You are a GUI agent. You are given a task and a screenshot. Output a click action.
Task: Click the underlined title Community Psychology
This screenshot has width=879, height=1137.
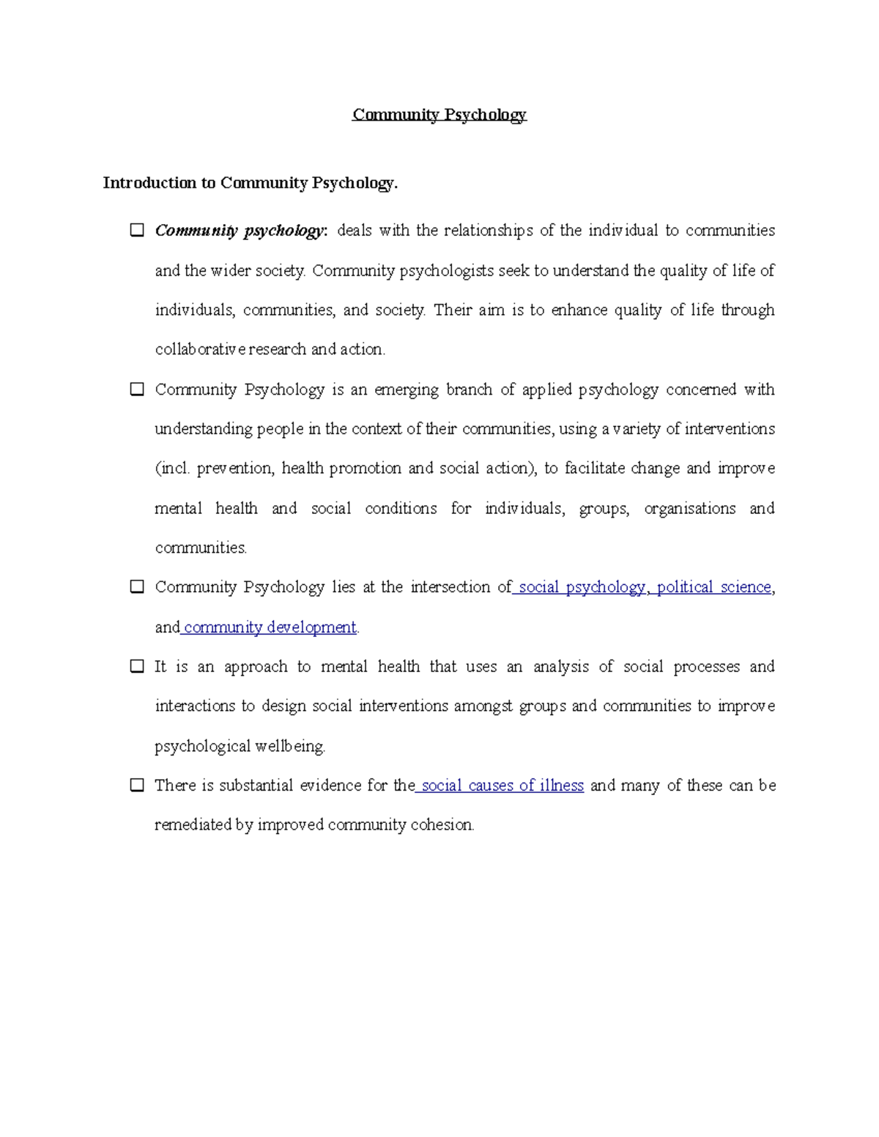point(439,115)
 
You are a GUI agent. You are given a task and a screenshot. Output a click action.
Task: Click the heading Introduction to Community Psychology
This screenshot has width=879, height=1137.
point(250,183)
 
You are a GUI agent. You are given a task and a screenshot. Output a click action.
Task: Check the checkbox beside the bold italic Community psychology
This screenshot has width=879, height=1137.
point(137,230)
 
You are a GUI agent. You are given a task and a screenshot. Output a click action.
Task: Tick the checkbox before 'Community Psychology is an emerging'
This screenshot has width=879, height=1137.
point(137,389)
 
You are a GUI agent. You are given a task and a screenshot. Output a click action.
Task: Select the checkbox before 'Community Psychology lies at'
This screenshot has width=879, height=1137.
point(137,586)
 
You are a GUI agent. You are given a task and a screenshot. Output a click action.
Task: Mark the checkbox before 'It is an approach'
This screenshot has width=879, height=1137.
point(137,666)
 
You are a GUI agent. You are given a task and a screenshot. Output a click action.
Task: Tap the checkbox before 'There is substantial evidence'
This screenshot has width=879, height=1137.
point(137,785)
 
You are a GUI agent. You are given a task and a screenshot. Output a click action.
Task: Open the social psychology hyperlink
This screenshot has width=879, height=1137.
point(582,587)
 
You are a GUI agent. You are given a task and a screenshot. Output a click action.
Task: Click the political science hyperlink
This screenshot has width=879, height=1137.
point(713,587)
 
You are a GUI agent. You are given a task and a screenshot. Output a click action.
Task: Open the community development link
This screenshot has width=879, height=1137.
point(270,627)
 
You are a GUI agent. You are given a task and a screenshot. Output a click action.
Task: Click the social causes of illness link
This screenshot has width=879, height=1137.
point(502,786)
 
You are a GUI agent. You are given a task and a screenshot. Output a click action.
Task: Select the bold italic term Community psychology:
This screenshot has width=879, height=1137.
point(240,231)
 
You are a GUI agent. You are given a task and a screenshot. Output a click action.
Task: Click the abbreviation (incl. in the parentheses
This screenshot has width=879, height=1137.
point(173,469)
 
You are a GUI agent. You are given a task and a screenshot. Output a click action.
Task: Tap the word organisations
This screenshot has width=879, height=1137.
point(689,509)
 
